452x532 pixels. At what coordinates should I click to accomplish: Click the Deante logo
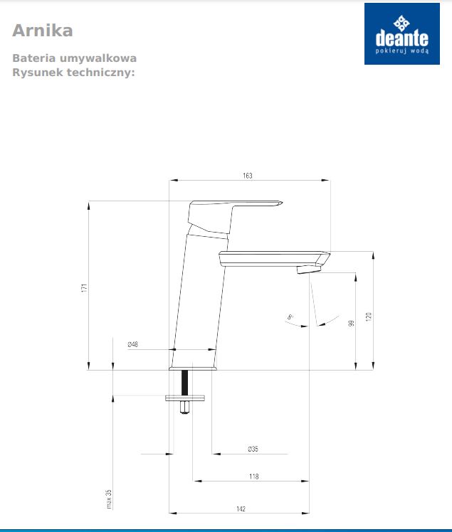coord(401,33)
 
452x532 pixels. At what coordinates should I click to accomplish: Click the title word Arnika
coord(43,31)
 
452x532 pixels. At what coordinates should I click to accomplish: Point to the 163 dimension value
coord(247,175)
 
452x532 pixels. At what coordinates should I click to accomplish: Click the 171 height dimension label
coord(83,288)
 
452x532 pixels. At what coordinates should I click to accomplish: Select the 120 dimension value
coord(369,316)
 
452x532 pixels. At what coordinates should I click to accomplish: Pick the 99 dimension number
coord(351,324)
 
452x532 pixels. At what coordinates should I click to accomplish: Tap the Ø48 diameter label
coord(133,344)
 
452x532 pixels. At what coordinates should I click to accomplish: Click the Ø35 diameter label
coord(253,448)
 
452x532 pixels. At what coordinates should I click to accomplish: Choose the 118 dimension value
coord(253,477)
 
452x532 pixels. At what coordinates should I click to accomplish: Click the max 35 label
coord(109,499)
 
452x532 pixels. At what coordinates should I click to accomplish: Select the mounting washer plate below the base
coord(185,397)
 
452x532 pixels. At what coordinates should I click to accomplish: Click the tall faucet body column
coord(199,299)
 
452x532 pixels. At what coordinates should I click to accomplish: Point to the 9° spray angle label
coord(290,316)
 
